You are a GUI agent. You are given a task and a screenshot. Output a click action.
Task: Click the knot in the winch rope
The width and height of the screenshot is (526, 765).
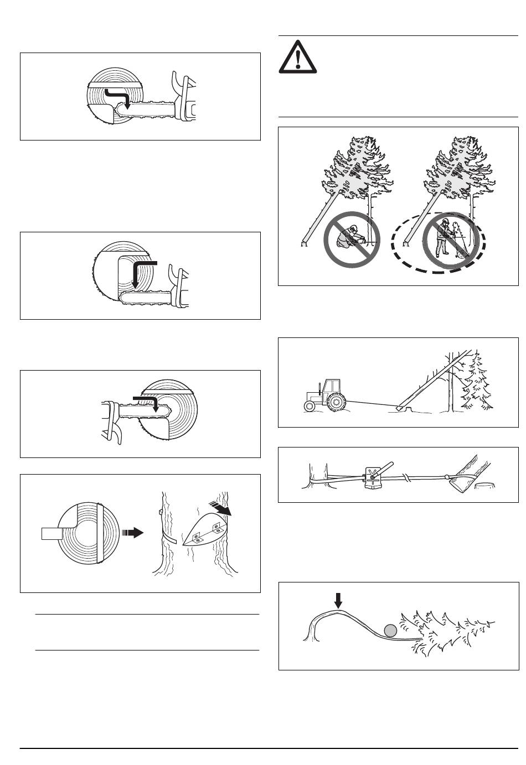tap(407, 476)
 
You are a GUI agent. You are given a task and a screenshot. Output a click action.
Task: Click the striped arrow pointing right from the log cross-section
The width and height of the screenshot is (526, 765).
tap(132, 533)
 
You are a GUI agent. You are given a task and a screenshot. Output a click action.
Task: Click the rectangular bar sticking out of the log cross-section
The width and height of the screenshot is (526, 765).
tap(54, 534)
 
